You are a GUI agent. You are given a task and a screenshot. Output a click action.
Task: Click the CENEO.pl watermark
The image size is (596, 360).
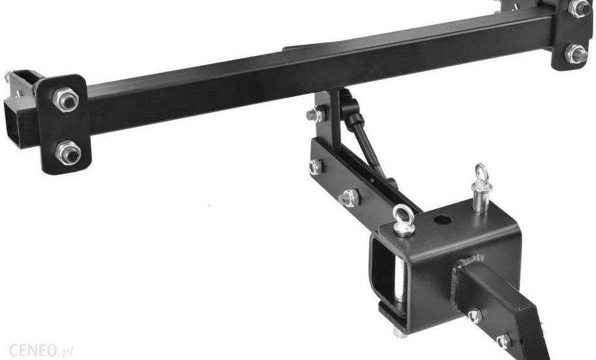click(x=41, y=350)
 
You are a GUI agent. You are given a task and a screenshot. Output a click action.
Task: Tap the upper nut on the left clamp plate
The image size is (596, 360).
click(x=65, y=99)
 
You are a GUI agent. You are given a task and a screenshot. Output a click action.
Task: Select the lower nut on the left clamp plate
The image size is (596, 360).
click(x=68, y=153)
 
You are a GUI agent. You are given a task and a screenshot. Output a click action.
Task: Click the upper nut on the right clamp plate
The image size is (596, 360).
click(x=578, y=8)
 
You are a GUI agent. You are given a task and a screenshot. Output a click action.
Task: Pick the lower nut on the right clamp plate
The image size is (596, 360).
click(x=576, y=54)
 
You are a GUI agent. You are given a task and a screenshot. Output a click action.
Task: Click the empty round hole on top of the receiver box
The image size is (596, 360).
click(x=441, y=219)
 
